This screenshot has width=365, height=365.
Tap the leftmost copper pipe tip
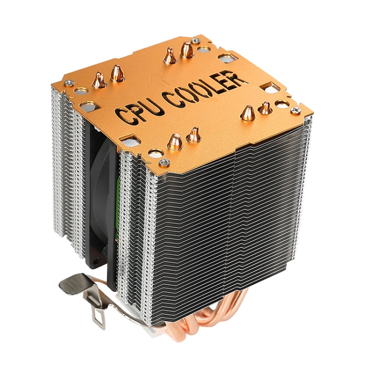click(x=100, y=79)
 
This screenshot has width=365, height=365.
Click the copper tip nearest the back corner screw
click(x=187, y=49)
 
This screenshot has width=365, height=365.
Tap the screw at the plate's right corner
click(x=295, y=110)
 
